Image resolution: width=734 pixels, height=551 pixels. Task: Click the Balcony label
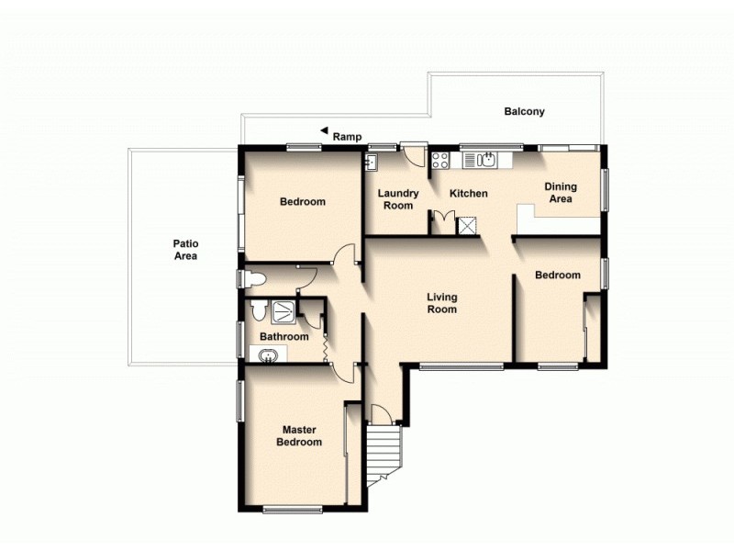[524, 112]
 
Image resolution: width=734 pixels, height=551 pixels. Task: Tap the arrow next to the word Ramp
[323, 131]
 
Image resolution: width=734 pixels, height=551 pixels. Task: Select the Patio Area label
[186, 250]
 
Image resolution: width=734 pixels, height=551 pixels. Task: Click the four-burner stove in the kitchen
[440, 160]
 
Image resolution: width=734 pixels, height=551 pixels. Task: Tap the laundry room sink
[372, 163]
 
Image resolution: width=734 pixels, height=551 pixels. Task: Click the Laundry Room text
[399, 199]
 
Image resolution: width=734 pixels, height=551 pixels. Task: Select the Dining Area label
[560, 193]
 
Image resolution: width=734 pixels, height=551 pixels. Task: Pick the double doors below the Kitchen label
[443, 220]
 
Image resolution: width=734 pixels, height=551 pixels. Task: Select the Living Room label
[442, 303]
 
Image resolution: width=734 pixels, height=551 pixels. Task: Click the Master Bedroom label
[301, 435]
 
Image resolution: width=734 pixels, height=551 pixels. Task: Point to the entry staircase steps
[381, 455]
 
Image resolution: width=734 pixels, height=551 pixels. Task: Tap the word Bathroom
[284, 337]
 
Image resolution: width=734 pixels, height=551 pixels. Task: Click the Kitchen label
[468, 194]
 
